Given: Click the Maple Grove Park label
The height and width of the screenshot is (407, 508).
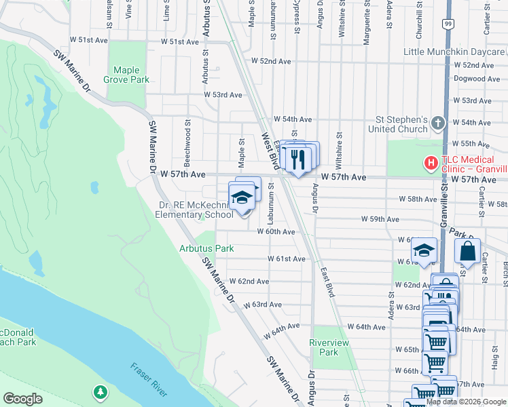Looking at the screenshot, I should [131, 75].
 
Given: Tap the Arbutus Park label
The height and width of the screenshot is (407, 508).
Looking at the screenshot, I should [206, 248].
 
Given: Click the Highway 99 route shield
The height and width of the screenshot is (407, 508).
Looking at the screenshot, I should [448, 24].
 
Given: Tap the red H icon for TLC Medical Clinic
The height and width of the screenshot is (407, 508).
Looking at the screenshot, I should [429, 163].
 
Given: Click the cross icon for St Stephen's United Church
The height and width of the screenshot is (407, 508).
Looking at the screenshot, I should [438, 123].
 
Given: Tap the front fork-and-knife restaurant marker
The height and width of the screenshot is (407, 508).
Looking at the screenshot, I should [297, 160].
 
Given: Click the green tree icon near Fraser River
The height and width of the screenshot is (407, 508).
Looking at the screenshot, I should [101, 391].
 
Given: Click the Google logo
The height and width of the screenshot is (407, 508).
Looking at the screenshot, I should [23, 398].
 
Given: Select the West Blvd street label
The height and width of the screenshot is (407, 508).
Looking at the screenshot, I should [271, 150].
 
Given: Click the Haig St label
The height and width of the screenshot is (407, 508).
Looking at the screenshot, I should [494, 370].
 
